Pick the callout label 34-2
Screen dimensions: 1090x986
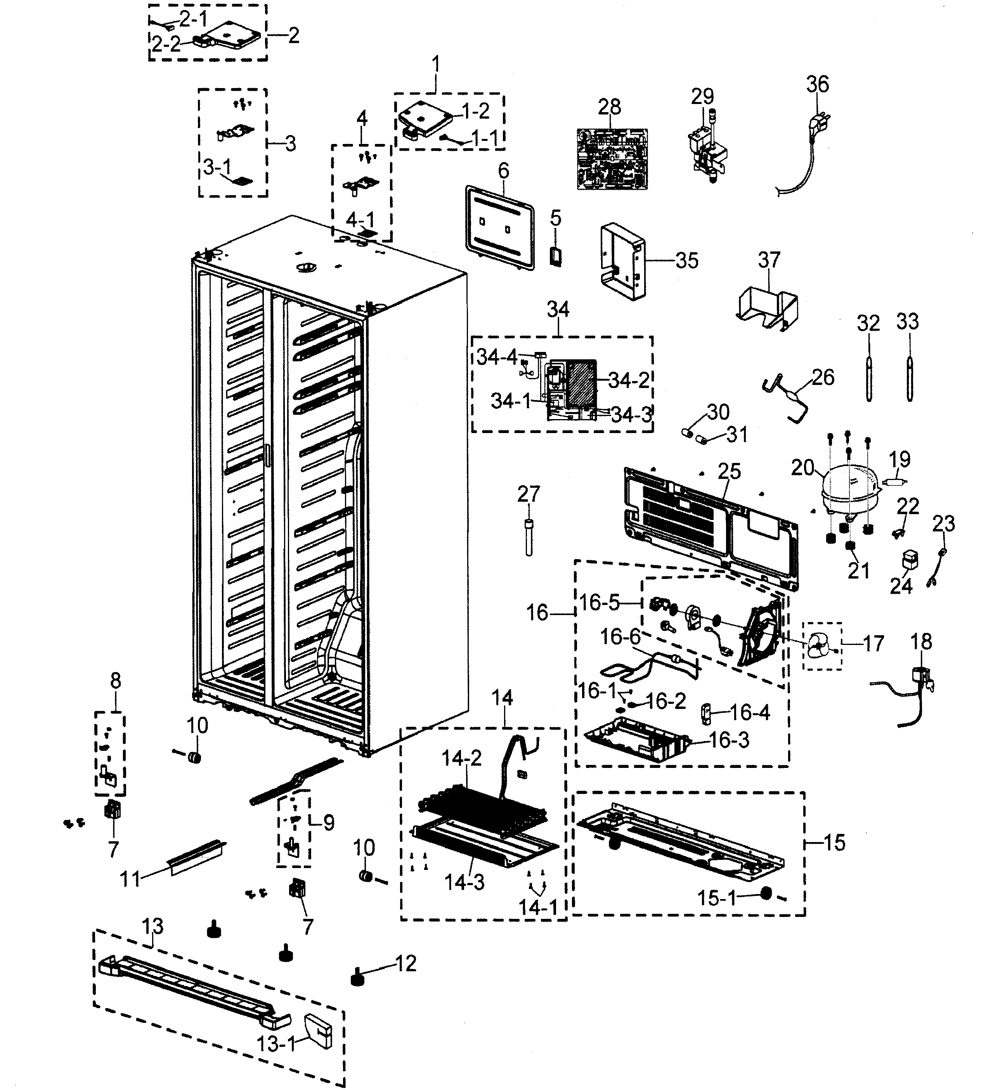(629, 381)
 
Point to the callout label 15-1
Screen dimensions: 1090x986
(716, 899)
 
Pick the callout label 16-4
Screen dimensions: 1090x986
(749, 712)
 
